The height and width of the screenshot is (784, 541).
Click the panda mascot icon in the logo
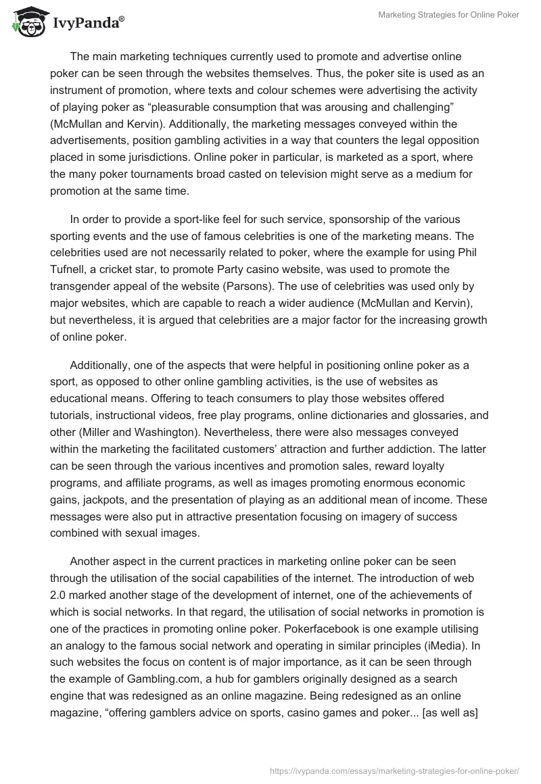coord(25,23)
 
